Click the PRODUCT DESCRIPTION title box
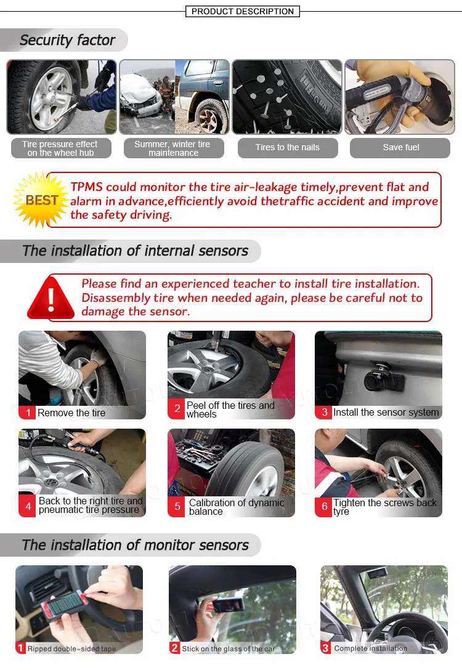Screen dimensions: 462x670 pos(242,11)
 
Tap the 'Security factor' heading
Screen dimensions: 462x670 pos(67,40)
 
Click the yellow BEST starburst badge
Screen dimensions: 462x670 pos(41,200)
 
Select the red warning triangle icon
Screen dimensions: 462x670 pos(51,297)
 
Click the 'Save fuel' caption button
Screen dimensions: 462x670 pos(400,147)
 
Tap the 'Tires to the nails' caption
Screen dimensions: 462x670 pos(288,147)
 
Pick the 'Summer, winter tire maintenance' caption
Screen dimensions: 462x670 pos(174,148)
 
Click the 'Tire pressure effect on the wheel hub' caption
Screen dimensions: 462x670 pos(61,148)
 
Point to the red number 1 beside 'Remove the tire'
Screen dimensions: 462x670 pos(27,413)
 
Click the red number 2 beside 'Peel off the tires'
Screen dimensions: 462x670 pos(177,409)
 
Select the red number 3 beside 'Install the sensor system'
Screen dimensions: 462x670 pos(324,413)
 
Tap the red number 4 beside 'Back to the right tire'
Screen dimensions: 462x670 pos(27,506)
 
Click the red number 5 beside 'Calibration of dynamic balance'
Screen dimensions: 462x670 pos(177,506)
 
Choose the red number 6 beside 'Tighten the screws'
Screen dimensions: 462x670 pos(324,506)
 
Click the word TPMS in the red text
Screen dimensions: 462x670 pos(87,187)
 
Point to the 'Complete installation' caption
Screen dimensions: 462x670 pos(371,648)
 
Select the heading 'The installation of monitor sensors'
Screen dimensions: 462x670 pos(136,545)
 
